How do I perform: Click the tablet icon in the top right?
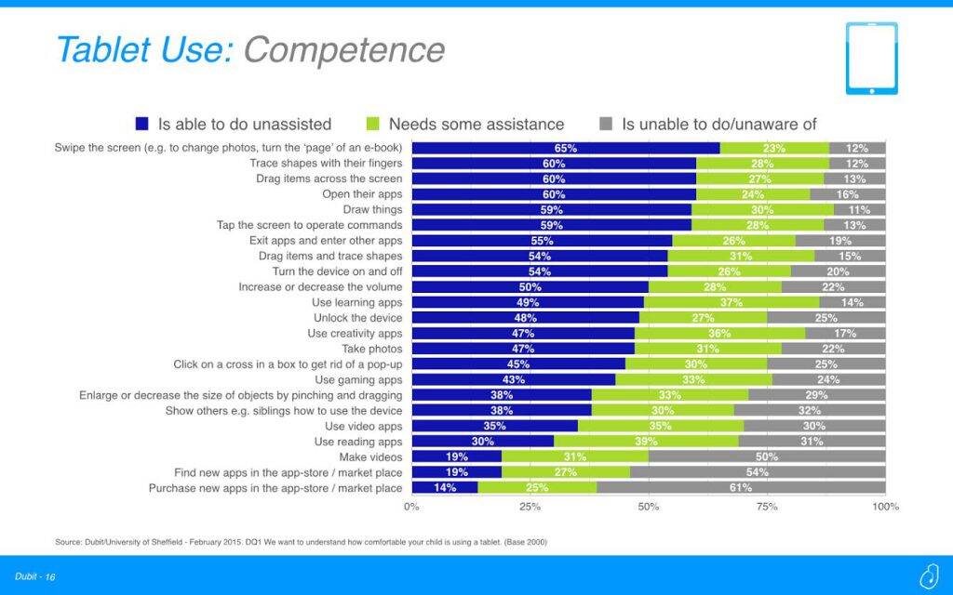pos(871,58)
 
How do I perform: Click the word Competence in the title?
pos(343,49)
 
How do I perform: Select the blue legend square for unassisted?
pos(142,124)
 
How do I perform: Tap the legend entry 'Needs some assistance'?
pos(476,124)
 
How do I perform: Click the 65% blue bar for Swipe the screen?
pos(565,148)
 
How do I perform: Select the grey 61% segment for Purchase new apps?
pos(741,487)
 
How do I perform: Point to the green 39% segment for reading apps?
pos(646,442)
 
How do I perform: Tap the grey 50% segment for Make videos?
pos(767,456)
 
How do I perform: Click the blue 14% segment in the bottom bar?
pos(444,487)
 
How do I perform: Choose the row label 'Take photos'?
pos(372,349)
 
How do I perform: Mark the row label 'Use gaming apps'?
pos(358,379)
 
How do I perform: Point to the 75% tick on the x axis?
pos(767,507)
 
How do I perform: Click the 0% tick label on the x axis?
pos(411,507)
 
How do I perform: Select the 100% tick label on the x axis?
pos(885,507)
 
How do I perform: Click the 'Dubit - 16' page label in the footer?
pos(36,577)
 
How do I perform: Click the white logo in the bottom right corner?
pos(927,576)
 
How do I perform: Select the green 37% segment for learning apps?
pos(732,302)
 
